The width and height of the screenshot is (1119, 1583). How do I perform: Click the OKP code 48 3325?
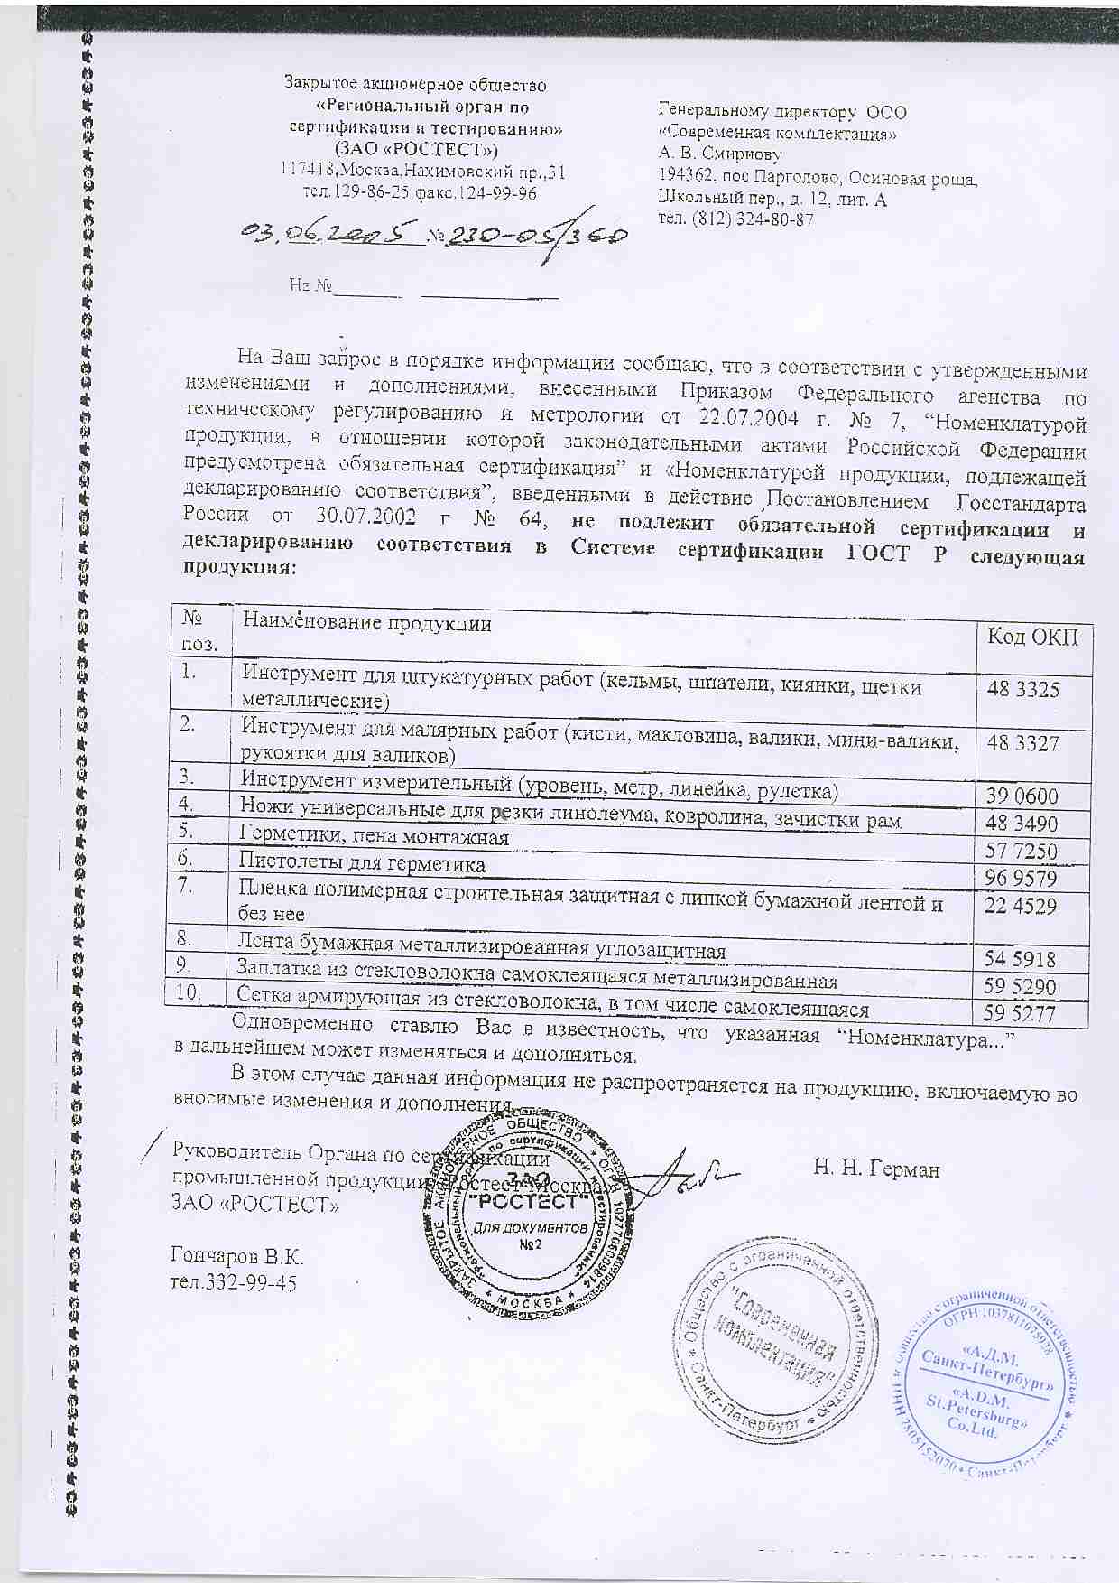point(1022,689)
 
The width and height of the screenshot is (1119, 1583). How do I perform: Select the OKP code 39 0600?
point(1022,796)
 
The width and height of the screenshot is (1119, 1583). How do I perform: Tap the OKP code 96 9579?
point(1022,878)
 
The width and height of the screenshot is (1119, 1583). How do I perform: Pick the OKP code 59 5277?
point(1022,1013)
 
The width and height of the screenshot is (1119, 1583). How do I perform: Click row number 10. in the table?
point(194,992)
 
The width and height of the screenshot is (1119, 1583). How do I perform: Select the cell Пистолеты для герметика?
point(362,864)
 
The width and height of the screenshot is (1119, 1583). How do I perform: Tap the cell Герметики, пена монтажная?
point(374,837)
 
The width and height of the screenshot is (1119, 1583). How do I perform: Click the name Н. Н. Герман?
point(876,1169)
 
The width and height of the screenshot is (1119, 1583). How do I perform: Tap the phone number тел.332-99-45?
point(234,1282)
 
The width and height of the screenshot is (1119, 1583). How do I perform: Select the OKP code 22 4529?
point(1022,906)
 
